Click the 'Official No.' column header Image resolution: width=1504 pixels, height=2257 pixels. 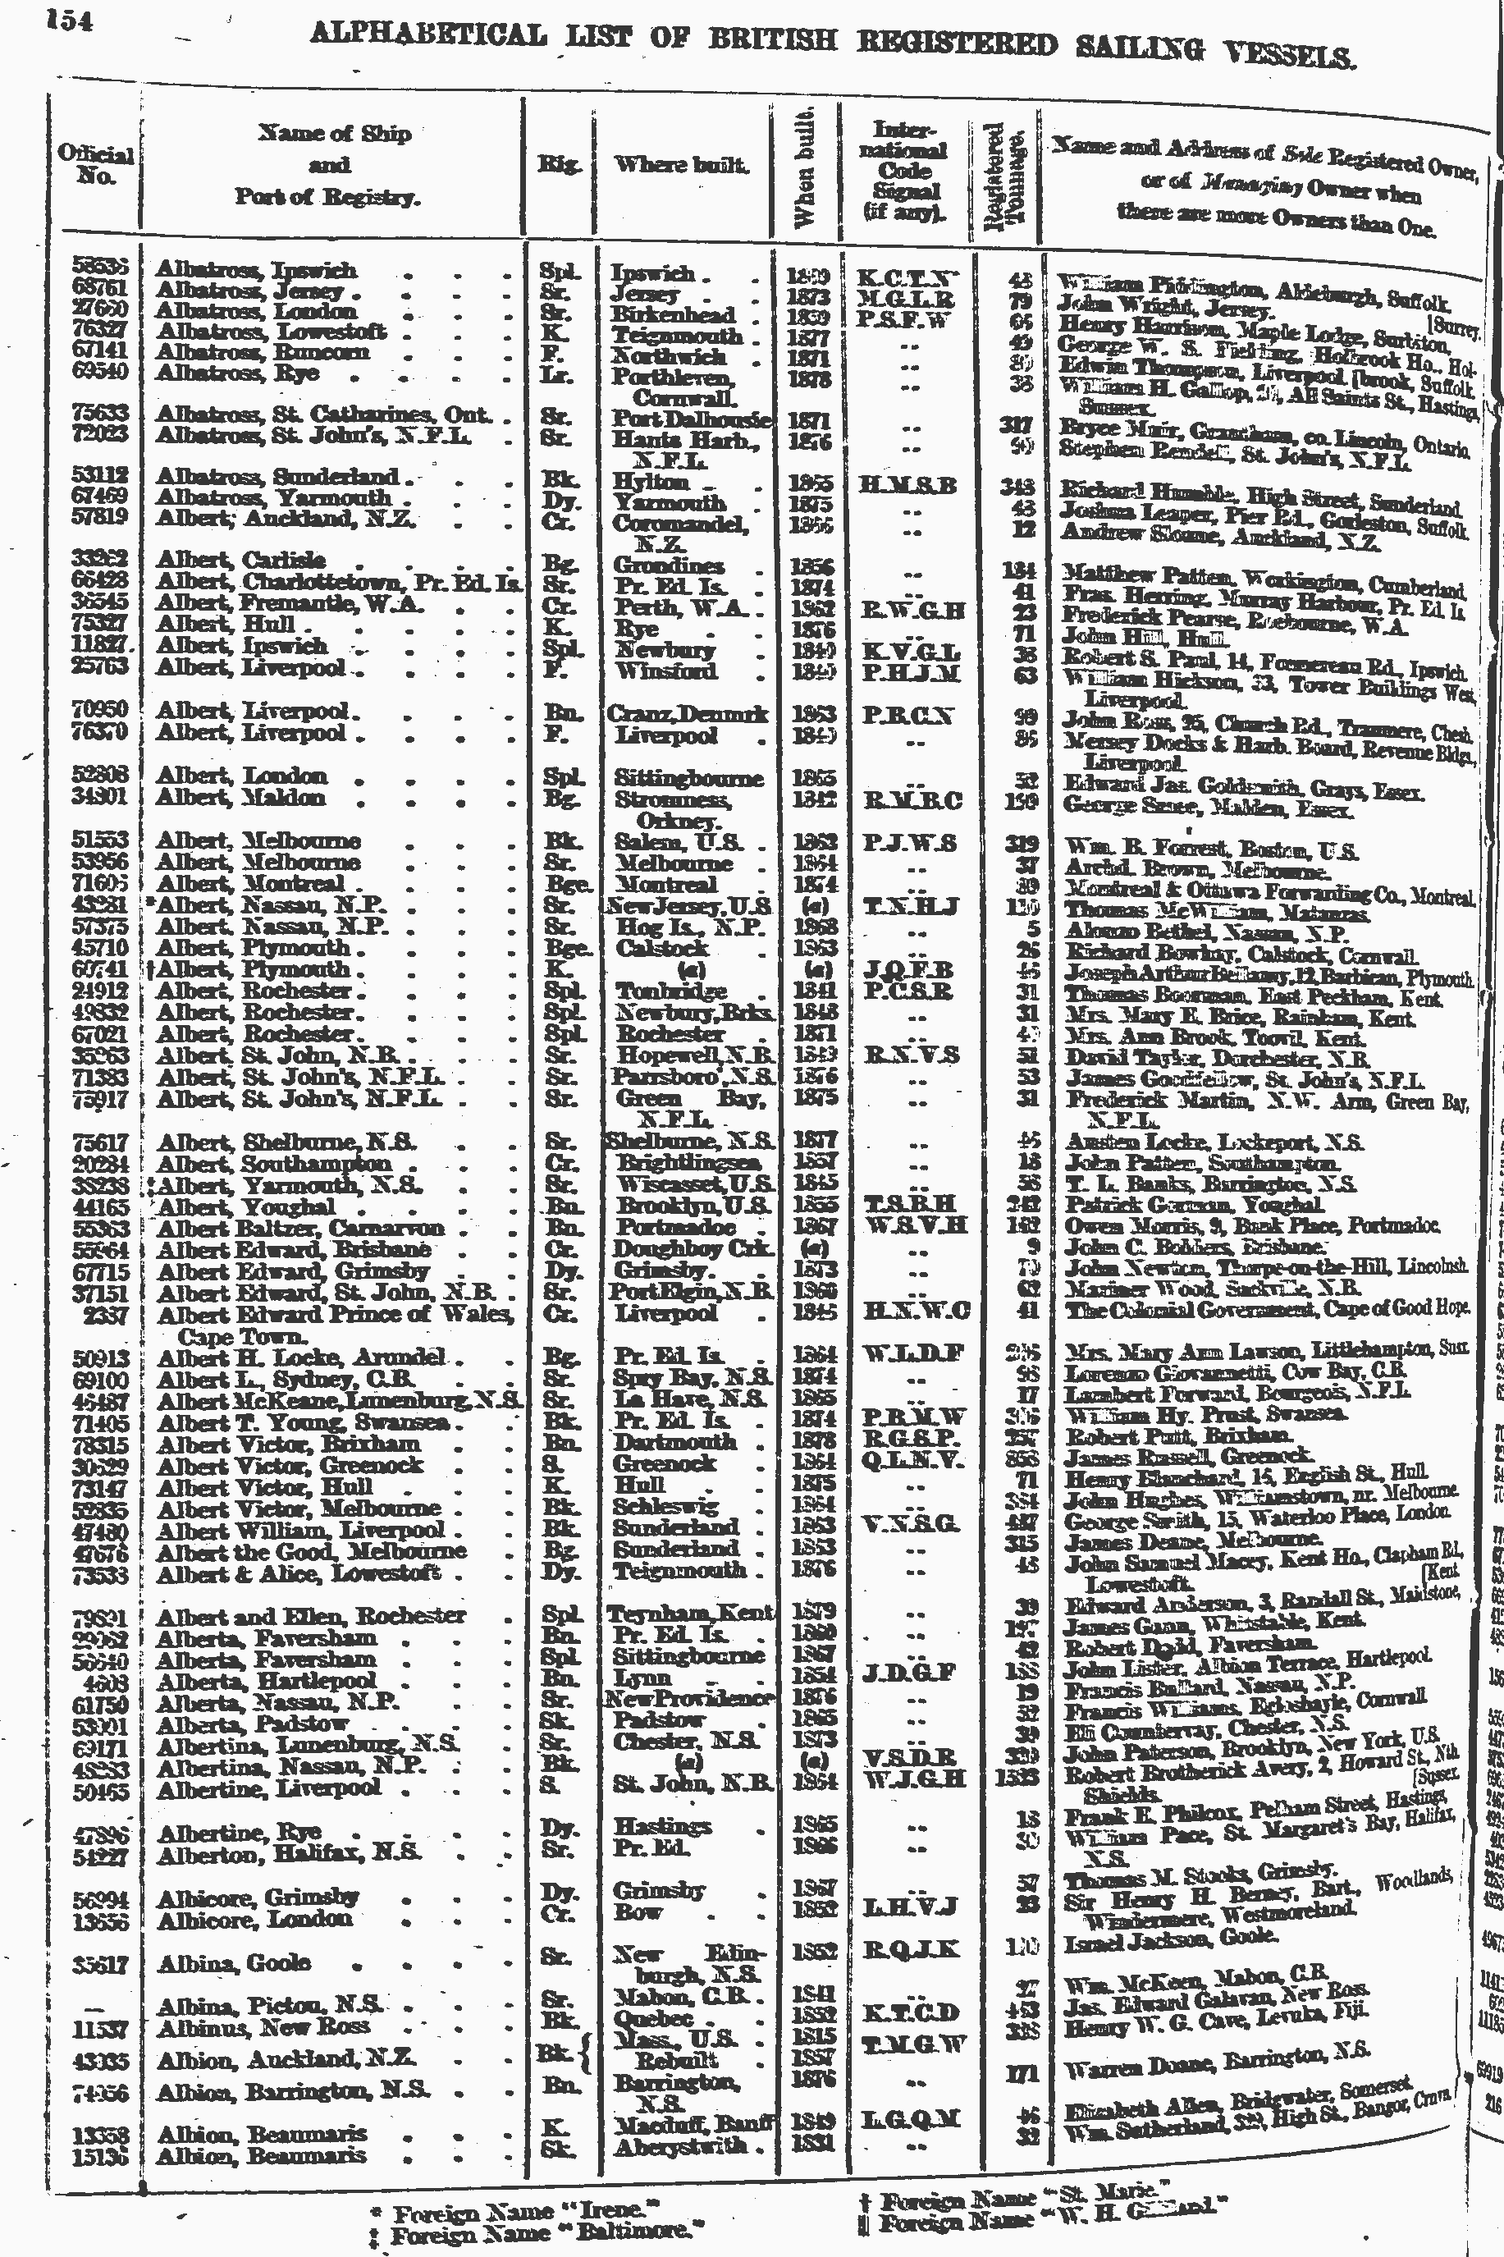95,165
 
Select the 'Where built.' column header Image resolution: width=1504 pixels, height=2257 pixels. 681,165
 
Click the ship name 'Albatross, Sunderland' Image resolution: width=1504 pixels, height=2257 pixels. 277,477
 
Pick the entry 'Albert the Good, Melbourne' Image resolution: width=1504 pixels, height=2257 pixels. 311,1551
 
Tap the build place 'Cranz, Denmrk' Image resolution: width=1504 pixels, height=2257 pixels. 688,715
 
